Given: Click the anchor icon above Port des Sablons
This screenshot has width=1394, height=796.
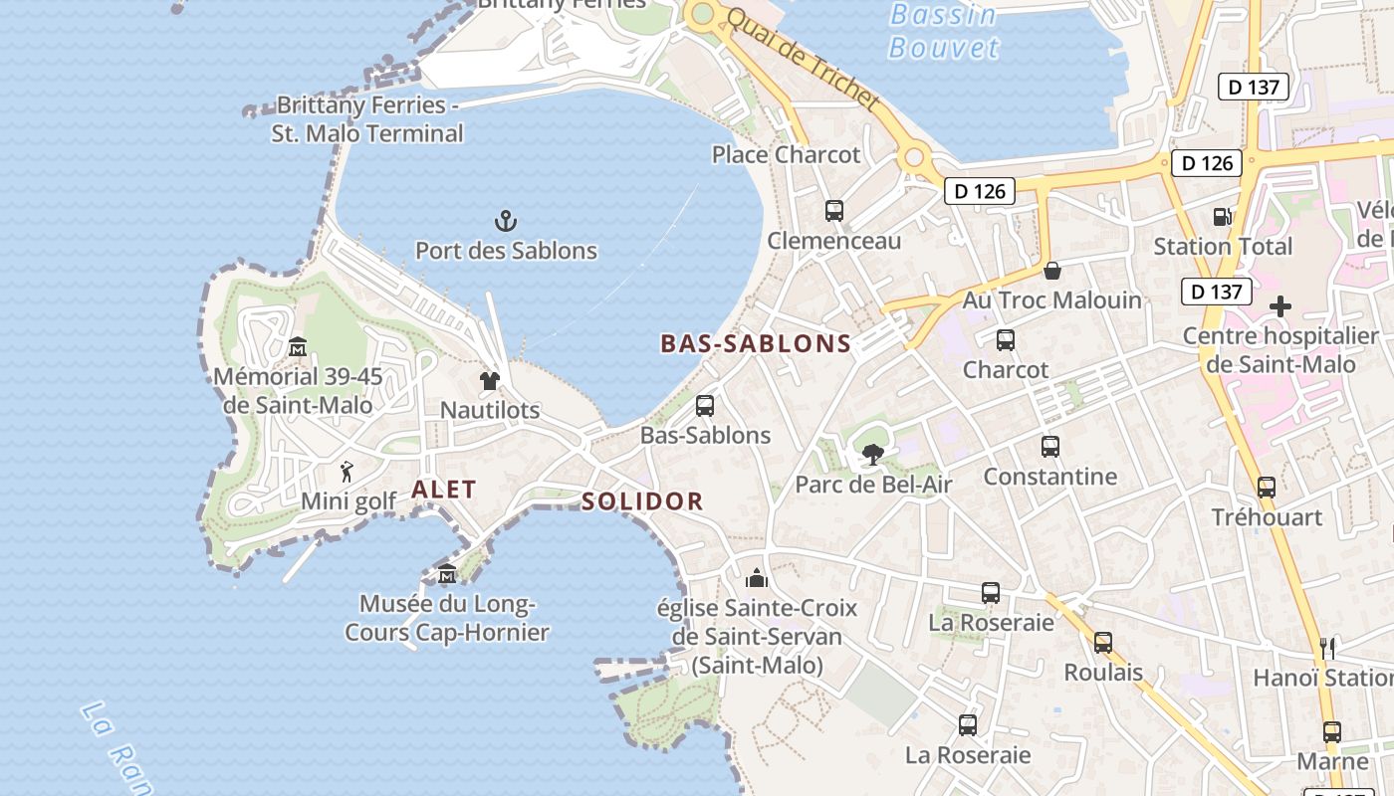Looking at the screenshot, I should point(506,220).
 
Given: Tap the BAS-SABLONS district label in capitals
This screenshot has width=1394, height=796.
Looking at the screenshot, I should point(756,344).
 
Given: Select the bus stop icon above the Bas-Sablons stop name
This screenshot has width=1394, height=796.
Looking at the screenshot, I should point(705,406).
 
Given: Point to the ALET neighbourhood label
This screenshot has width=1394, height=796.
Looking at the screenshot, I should point(444,490).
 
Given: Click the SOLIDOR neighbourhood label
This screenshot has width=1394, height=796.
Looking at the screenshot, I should point(642,501).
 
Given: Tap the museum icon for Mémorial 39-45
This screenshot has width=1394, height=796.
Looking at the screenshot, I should point(297,347).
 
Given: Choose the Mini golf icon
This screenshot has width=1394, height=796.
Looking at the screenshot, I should point(347,471).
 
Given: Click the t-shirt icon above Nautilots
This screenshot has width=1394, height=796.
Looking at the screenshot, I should point(489,380).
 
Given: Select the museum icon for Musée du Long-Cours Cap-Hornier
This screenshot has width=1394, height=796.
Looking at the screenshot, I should point(447,574).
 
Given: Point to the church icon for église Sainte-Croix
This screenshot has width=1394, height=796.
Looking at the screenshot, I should point(757,578).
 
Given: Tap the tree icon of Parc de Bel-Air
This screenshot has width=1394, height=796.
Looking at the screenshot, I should point(873,455).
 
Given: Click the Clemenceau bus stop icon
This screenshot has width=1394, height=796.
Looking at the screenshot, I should point(834,211).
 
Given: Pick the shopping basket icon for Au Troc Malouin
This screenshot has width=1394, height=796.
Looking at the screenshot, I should point(1051,271).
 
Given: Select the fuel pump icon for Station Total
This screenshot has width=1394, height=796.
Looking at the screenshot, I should point(1222,216).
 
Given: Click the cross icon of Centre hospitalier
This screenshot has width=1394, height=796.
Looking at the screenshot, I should point(1280,306).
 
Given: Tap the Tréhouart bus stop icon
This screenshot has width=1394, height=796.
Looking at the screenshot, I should point(1267,488).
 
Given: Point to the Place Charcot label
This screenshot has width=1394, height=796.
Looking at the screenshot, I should point(786,155).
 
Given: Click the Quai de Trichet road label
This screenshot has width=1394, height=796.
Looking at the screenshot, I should point(803,60).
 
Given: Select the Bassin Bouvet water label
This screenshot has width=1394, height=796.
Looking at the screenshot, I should point(943,31).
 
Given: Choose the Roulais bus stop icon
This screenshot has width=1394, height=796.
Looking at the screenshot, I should point(1103,643).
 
